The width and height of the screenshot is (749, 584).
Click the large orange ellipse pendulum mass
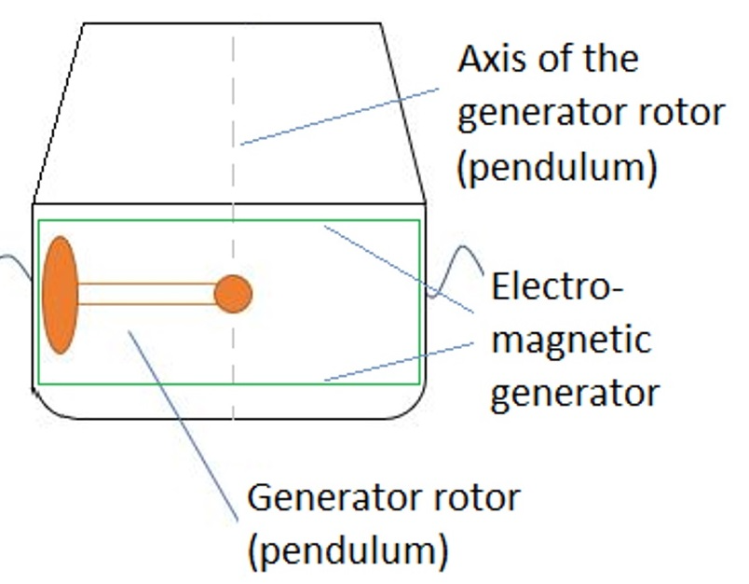point(61,295)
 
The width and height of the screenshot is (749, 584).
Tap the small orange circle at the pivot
point(233,294)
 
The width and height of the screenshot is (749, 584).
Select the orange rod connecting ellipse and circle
point(146,294)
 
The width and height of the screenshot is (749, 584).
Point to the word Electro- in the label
point(557,286)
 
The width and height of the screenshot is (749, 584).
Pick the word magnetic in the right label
point(571,340)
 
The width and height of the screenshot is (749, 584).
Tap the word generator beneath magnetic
point(575,394)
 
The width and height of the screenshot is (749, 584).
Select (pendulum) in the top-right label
point(557,167)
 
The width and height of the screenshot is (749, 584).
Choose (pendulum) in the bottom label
point(348,551)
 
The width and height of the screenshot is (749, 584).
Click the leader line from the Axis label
point(340,117)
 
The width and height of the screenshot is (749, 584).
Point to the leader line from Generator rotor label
point(183,425)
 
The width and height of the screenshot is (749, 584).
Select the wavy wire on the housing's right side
point(455,271)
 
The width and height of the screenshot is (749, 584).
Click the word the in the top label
point(611,59)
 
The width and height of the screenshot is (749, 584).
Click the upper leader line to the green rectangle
point(399,270)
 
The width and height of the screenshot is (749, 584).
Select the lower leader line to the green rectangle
point(399,362)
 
